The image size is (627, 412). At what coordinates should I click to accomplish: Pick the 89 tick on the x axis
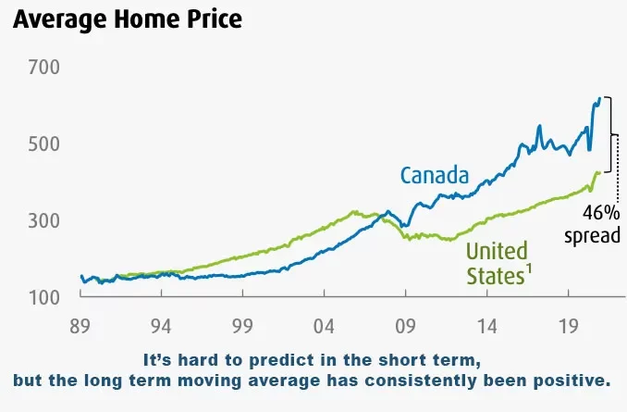pyautogui.click(x=80, y=325)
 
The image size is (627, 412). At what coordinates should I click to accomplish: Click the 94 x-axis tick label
pyautogui.click(x=161, y=325)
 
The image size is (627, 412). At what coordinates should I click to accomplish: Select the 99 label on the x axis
pyautogui.click(x=242, y=325)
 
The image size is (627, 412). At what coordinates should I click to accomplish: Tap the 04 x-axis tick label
pyautogui.click(x=324, y=325)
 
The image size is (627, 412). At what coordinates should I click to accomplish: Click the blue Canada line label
pyautogui.click(x=435, y=175)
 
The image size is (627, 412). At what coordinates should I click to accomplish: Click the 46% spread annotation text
pyautogui.click(x=593, y=224)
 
